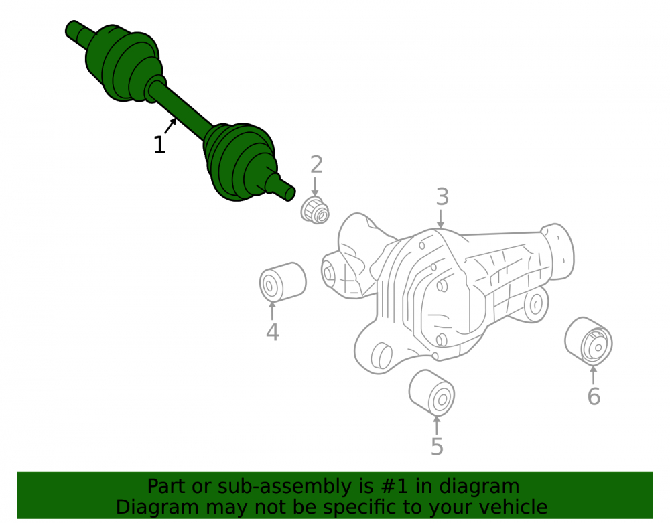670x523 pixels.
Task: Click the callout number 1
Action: (x=159, y=145)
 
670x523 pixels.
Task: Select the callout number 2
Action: (x=316, y=165)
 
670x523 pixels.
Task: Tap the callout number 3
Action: (x=442, y=197)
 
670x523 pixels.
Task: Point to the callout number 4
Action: (x=273, y=332)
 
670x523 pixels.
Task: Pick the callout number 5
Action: (x=437, y=446)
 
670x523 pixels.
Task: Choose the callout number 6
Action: (x=594, y=396)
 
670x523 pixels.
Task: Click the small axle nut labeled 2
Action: (x=315, y=210)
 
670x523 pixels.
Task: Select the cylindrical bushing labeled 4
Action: (x=283, y=282)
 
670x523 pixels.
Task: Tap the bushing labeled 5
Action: (x=431, y=393)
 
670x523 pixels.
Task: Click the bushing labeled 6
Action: (x=588, y=341)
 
